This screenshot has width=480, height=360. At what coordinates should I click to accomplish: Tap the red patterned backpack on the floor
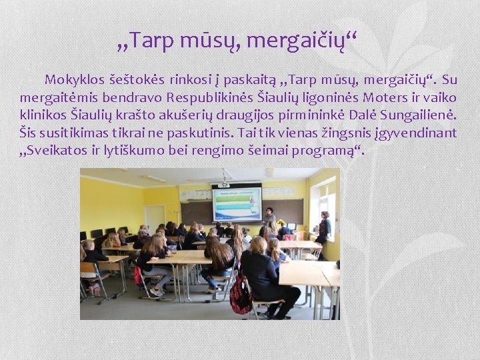(240, 295)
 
